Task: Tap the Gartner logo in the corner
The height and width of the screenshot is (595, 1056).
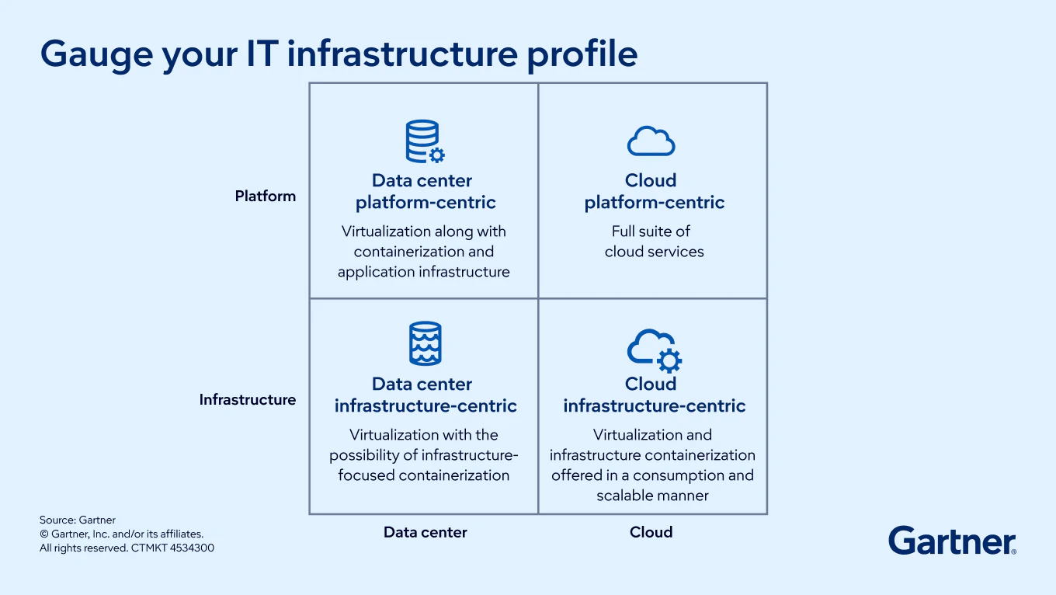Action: click(x=952, y=541)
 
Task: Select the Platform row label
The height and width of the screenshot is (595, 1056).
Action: click(x=266, y=197)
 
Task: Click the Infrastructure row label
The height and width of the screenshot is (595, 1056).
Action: click(x=248, y=400)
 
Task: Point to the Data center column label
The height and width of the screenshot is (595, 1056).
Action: click(x=426, y=533)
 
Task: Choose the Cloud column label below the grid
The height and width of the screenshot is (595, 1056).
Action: click(x=651, y=533)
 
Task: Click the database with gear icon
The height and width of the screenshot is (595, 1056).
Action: click(x=425, y=141)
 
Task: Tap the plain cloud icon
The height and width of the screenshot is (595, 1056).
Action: click(x=651, y=141)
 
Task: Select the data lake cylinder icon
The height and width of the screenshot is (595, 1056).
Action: click(x=425, y=343)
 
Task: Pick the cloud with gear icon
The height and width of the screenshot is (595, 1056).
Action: click(x=654, y=349)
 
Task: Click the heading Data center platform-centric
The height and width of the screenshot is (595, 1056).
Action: click(x=424, y=192)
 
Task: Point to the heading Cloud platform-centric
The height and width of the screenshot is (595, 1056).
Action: click(x=654, y=192)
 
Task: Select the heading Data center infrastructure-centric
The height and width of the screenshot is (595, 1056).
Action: click(x=425, y=395)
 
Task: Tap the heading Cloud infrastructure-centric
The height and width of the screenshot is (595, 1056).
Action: click(x=654, y=395)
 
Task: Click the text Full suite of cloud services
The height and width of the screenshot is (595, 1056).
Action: click(x=654, y=242)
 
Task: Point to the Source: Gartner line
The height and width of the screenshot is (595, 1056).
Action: click(x=78, y=520)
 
